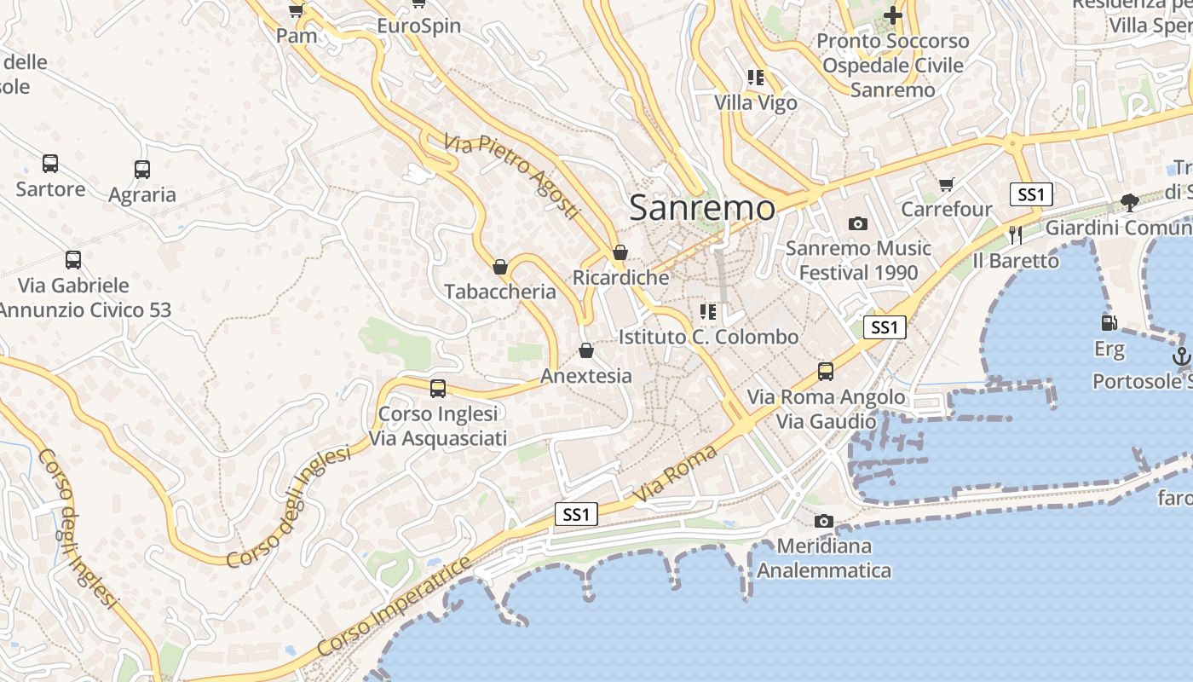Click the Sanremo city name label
(702, 208)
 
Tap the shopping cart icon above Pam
(296, 10)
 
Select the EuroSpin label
(418, 26)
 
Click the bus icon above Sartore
(50, 164)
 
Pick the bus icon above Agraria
(142, 170)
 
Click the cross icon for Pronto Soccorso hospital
(892, 15)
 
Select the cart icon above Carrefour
(946, 184)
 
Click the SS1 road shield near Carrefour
(1031, 194)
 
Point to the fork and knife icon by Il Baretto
(1015, 234)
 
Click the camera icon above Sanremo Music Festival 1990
(858, 223)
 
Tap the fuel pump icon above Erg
(1109, 323)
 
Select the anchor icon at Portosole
(1181, 356)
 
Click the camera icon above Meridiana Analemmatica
(823, 521)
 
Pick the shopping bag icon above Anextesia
(586, 350)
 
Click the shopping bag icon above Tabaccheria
(500, 267)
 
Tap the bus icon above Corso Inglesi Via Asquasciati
(438, 389)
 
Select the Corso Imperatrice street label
(394, 607)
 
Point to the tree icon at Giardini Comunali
(1130, 203)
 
